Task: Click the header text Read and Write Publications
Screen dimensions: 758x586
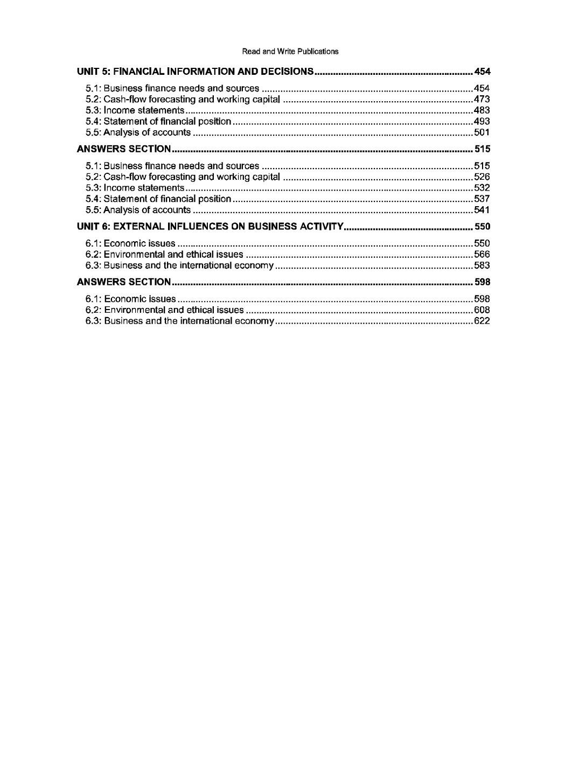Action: [x=290, y=52]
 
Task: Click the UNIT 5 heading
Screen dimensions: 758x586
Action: [x=195, y=72]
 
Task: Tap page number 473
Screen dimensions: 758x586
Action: [x=482, y=100]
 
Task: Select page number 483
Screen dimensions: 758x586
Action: [x=482, y=110]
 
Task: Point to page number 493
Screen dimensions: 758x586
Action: [x=482, y=122]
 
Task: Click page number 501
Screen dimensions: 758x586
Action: [x=482, y=132]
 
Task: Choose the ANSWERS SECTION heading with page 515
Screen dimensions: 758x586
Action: [x=124, y=149]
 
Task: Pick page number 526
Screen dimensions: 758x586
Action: [x=482, y=177]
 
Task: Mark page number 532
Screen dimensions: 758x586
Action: [x=482, y=188]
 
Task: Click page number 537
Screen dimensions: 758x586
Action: [x=482, y=199]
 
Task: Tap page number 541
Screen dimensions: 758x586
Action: [x=482, y=210]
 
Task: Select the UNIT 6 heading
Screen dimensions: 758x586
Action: [x=210, y=227]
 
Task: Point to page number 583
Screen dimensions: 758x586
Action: [x=482, y=265]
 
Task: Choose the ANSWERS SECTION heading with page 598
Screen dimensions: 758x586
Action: [x=124, y=282]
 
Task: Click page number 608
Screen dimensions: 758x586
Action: [x=482, y=310]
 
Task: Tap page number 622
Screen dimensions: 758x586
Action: [x=482, y=321]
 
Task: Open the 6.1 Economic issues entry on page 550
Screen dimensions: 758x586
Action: [x=131, y=243]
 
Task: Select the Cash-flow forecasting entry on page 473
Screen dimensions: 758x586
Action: [x=183, y=100]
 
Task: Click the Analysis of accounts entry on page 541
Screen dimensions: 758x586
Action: [x=138, y=210]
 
